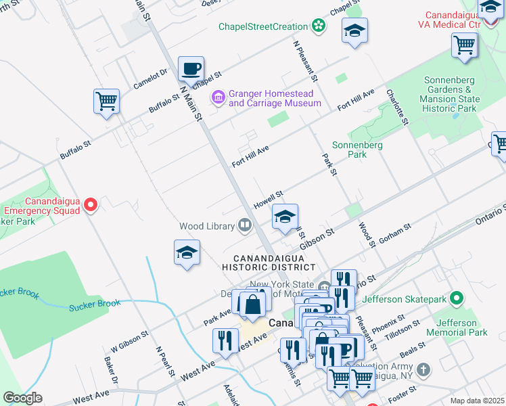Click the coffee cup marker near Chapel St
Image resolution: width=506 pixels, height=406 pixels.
coord(191,69)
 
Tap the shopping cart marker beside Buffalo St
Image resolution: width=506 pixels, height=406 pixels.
coord(106,102)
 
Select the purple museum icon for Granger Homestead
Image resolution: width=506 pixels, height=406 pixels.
coord(218,98)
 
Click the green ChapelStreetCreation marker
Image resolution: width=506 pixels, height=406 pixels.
coord(318,26)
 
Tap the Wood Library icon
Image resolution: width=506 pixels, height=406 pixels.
coord(244,226)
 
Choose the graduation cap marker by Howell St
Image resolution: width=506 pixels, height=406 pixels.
coord(285,218)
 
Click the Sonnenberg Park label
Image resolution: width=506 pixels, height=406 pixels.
coord(357,150)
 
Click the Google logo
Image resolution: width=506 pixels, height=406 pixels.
coord(22,398)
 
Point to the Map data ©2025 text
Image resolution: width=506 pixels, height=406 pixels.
coord(477,401)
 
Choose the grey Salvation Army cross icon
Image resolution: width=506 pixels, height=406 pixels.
coord(423,370)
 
